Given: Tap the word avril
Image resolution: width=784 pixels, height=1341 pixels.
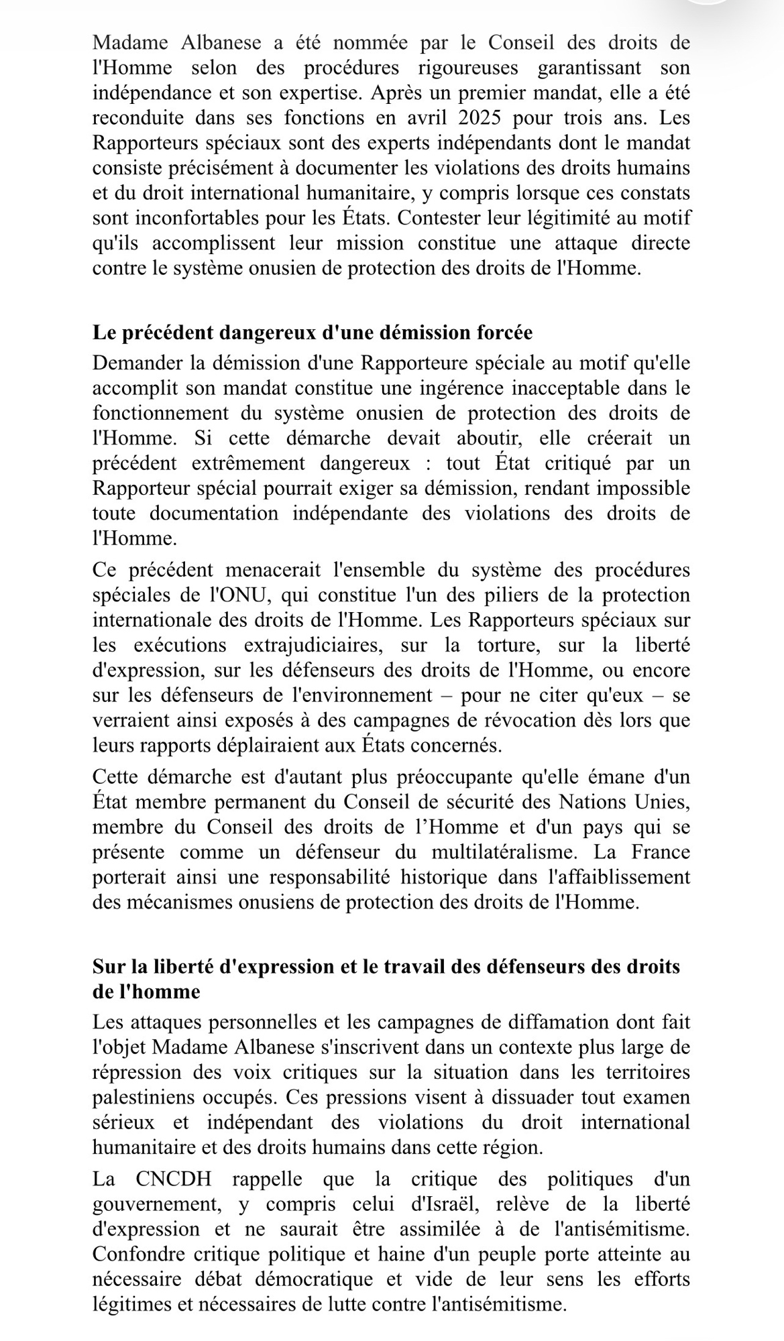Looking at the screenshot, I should (415, 118).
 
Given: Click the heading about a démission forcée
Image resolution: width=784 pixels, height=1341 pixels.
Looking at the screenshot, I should (313, 333).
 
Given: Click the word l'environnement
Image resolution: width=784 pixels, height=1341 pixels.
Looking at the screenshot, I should (356, 695).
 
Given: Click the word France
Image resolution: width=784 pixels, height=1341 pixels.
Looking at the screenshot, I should (661, 852).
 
